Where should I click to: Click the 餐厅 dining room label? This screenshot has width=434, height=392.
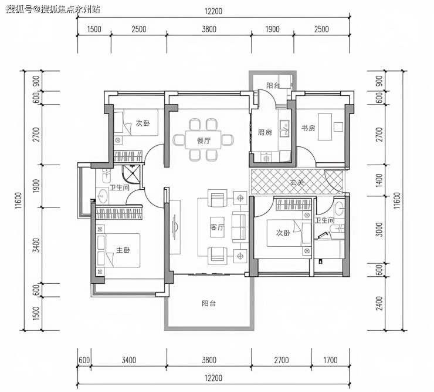tap(204, 140)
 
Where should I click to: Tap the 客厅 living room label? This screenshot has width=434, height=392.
tap(217, 227)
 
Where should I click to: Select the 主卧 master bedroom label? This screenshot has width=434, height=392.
tap(123, 250)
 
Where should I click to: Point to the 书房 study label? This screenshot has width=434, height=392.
tap(308, 128)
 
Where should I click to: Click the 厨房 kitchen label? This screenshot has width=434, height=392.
tap(265, 132)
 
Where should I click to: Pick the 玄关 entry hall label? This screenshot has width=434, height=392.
tap(297, 183)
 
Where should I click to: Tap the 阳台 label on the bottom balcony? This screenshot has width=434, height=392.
tap(209, 303)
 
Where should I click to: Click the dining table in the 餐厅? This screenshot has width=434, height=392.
tap(203, 140)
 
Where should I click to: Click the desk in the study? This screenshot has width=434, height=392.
tap(325, 126)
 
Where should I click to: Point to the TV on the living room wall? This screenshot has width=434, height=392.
tap(175, 227)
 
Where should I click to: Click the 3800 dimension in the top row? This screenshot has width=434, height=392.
tap(209, 29)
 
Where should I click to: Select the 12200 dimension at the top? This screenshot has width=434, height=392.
tap(213, 11)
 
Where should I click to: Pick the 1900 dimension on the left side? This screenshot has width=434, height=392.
tap(36, 186)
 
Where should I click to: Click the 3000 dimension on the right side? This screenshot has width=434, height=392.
tap(379, 229)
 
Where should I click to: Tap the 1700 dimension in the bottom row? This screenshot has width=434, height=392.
tap(330, 360)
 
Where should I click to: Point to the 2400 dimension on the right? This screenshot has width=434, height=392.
tap(379, 303)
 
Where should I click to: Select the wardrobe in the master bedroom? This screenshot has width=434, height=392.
tap(118, 213)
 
